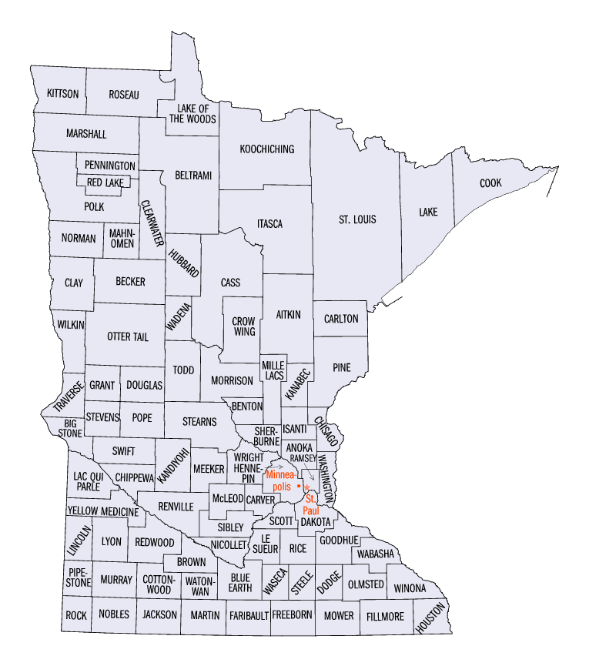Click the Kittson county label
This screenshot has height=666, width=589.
click(x=62, y=94)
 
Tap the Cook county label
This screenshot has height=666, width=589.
click(x=490, y=183)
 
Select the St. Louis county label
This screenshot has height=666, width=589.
click(x=357, y=219)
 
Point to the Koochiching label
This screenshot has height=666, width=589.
click(x=266, y=149)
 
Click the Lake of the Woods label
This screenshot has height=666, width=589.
click(x=192, y=113)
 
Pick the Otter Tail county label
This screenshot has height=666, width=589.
click(x=128, y=336)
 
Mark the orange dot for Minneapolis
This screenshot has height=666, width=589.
click(x=298, y=488)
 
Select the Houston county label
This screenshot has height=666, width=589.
click(x=431, y=617)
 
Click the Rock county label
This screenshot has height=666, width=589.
click(x=76, y=615)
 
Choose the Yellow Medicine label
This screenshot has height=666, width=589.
click(x=102, y=511)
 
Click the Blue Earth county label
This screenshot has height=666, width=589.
click(x=241, y=582)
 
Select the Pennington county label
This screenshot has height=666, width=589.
click(x=110, y=166)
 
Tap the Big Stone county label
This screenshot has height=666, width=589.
click(x=70, y=428)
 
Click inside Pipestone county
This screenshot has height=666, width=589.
click(x=78, y=578)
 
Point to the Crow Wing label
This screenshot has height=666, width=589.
click(x=243, y=326)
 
